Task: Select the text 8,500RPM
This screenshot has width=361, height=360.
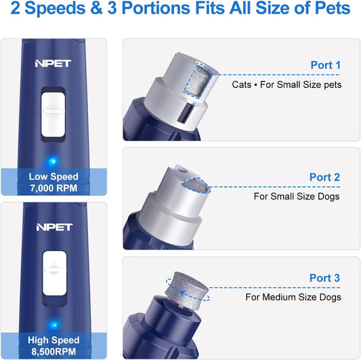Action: click(54, 351)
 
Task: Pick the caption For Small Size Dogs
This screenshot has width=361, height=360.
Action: click(297, 197)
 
